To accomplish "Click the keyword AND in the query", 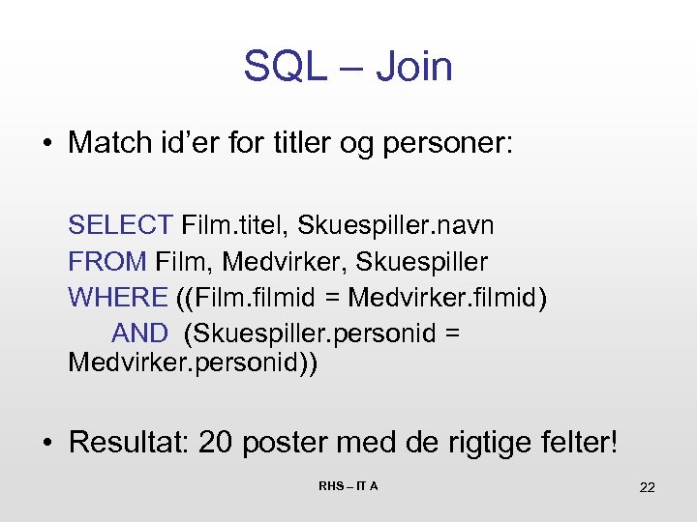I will click(139, 333).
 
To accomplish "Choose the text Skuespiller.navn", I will click(396, 225).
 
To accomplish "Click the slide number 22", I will click(647, 487).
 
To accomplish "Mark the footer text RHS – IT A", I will click(348, 485).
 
